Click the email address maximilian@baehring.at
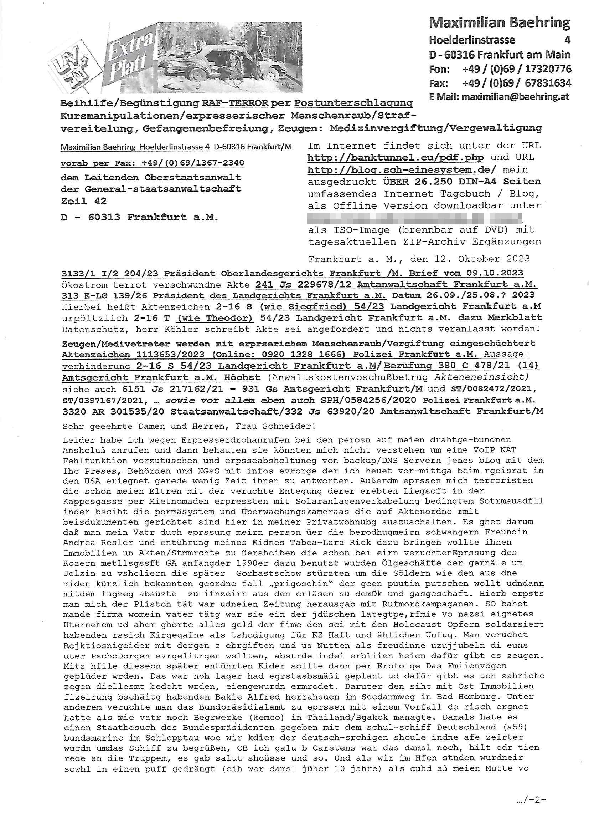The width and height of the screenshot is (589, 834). coord(515,97)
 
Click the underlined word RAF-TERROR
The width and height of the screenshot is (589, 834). coord(235,103)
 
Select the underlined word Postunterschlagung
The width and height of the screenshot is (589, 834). coord(353,103)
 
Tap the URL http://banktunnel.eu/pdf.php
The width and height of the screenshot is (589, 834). coord(395,158)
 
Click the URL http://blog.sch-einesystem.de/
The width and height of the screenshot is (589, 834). coord(402,170)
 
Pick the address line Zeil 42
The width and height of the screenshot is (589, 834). coord(84,201)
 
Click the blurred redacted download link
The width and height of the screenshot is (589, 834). coord(414,218)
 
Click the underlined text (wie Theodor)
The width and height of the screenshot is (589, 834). coord(215,318)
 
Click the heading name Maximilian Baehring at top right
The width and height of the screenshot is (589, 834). coord(499,22)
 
